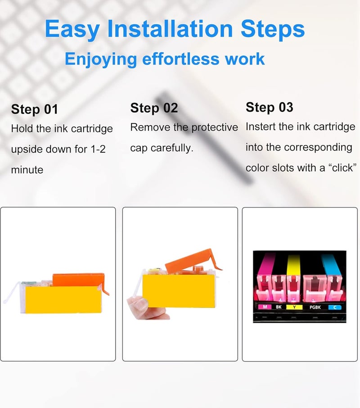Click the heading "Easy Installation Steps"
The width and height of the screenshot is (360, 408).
175,29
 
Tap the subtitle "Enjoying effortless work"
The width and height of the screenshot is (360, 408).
165,59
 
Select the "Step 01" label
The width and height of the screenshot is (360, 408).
34,109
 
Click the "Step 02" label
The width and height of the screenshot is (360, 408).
154,108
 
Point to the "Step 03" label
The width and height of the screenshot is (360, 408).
270,107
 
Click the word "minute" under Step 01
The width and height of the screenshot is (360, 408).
27,170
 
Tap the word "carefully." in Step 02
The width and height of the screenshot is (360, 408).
172,148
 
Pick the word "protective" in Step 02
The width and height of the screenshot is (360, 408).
215,127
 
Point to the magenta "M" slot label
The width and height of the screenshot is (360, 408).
265,307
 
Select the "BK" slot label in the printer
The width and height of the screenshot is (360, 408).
279,307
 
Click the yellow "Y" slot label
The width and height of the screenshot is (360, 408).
294,307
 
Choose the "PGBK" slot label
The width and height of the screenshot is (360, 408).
315,307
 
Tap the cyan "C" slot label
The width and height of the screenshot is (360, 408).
335,307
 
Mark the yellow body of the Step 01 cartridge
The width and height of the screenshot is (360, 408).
63,299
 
